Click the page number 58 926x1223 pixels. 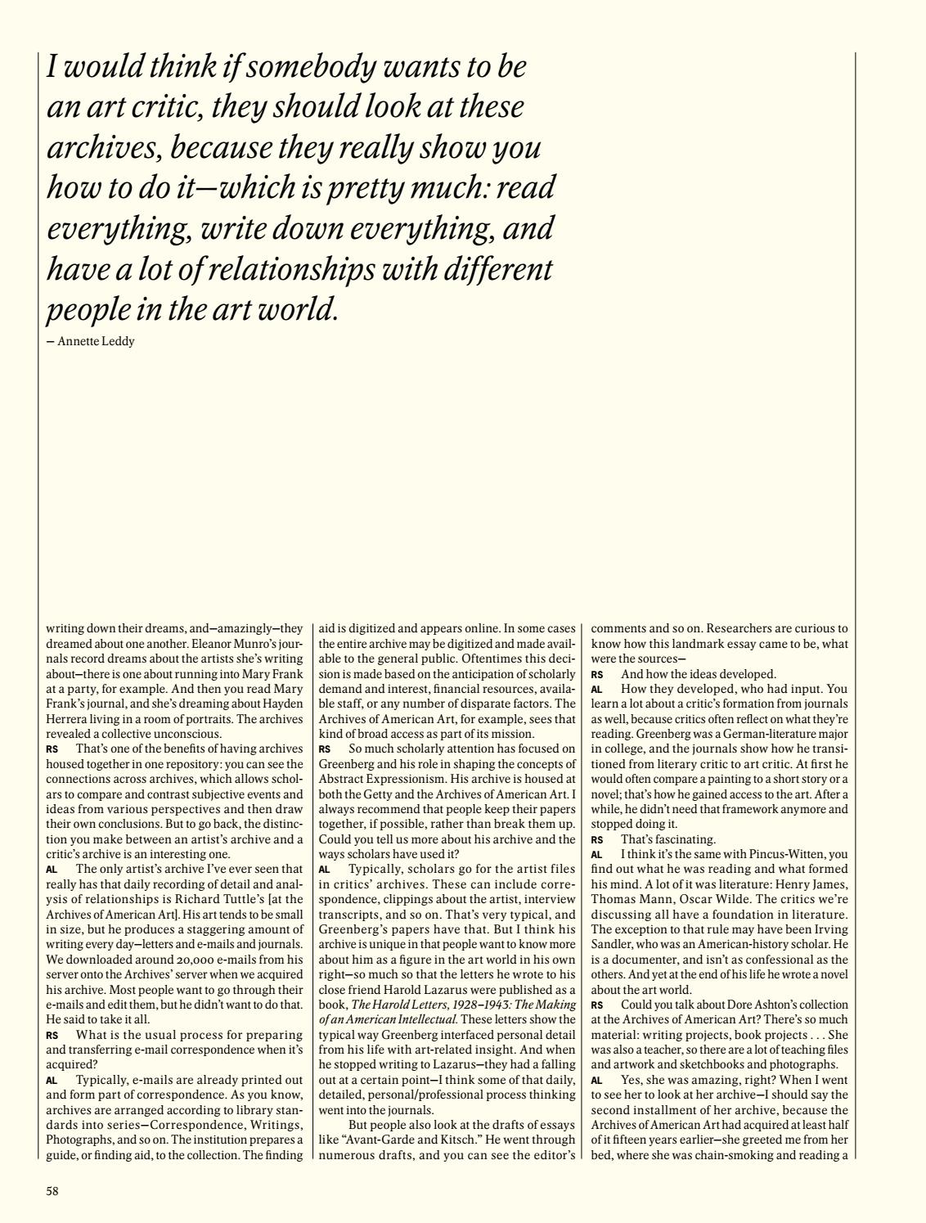(x=52, y=1191)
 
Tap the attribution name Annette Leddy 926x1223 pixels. (x=96, y=341)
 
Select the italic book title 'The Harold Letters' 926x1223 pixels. (x=392, y=1003)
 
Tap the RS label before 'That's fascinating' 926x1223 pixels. (x=597, y=839)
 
